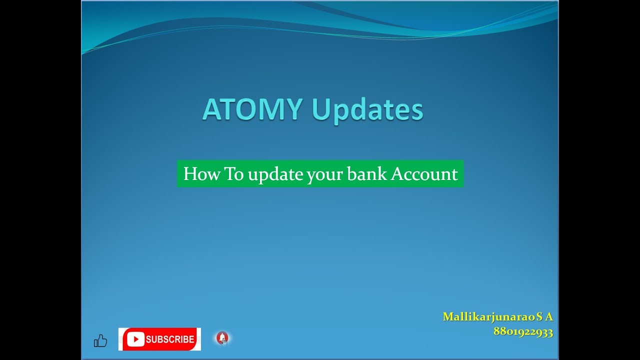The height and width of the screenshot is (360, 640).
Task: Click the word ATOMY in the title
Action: tap(252, 109)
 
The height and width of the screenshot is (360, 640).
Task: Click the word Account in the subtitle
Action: tap(424, 174)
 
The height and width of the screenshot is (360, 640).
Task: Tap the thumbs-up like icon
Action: tap(100, 341)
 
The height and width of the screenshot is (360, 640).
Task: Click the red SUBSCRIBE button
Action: tap(159, 339)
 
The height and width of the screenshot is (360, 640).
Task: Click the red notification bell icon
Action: tap(222, 338)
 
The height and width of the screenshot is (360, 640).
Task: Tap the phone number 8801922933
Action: tap(523, 332)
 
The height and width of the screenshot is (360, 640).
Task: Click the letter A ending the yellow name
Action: tap(549, 317)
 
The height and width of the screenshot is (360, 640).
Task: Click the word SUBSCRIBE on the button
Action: tap(170, 339)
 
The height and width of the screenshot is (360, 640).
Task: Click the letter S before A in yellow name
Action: tap(539, 317)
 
